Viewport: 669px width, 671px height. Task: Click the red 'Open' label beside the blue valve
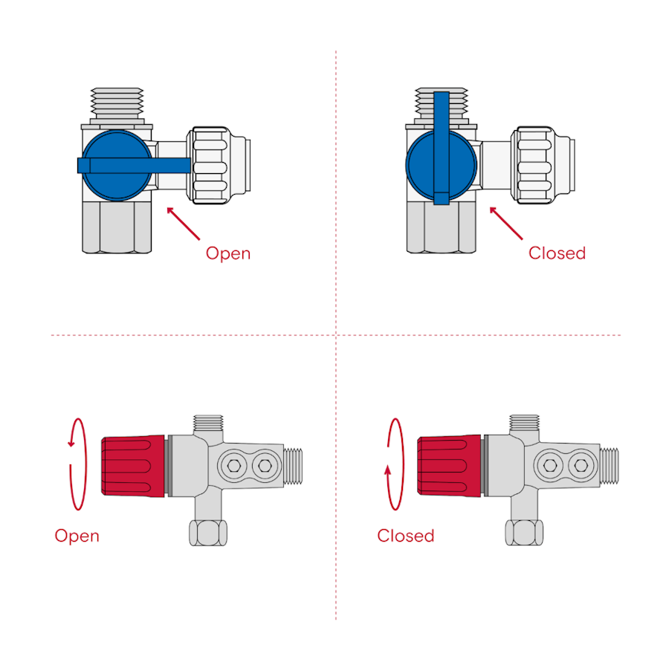[x=228, y=253]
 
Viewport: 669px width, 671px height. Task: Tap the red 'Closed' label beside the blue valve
[x=557, y=253]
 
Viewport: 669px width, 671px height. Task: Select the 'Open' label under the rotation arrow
[x=77, y=536]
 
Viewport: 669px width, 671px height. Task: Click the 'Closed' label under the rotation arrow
[x=405, y=536]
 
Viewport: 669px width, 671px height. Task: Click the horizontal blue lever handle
[x=134, y=165]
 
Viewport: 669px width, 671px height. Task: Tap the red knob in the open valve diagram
[x=133, y=466]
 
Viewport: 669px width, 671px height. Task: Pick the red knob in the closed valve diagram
[x=449, y=466]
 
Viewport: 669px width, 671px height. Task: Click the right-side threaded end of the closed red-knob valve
[x=610, y=466]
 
